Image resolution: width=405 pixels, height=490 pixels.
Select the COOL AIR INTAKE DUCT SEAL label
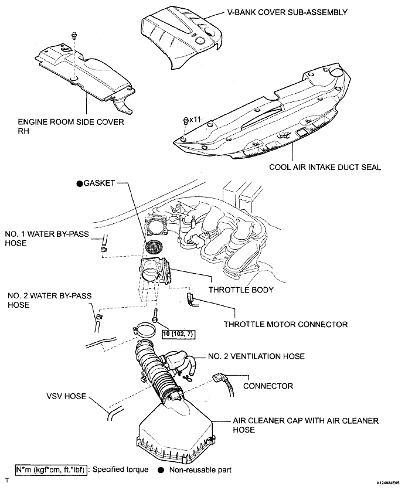[325, 168]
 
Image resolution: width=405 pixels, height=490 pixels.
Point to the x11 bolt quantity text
[195, 119]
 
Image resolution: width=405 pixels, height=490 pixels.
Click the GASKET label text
[101, 183]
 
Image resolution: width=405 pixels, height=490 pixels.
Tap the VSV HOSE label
[63, 397]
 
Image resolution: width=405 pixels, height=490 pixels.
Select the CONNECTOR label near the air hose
[268, 387]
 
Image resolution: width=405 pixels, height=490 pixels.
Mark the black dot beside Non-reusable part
[160, 470]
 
